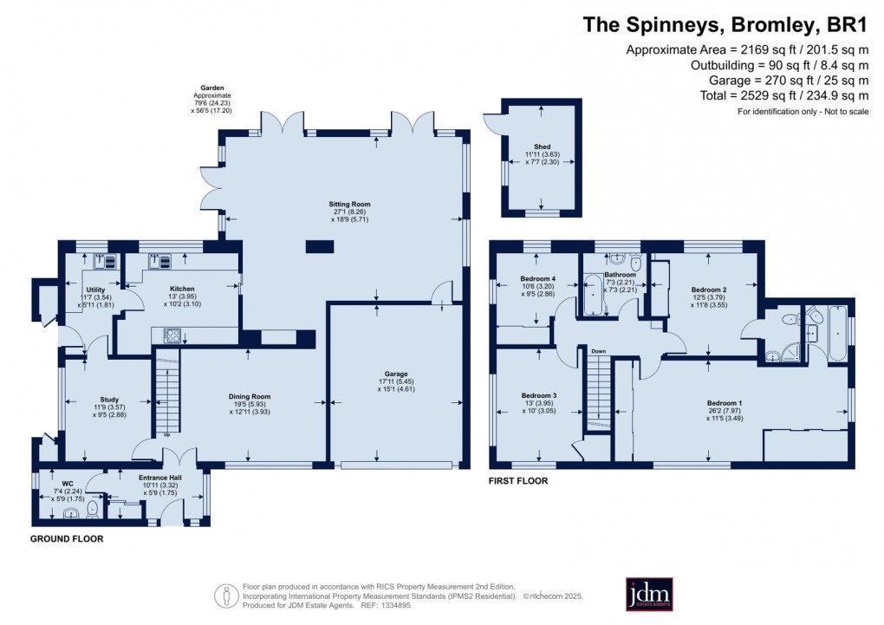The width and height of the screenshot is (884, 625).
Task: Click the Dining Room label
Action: point(250,396)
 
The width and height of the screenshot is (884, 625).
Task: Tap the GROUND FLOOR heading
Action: point(67,538)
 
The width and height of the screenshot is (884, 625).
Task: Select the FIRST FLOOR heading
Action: point(518,479)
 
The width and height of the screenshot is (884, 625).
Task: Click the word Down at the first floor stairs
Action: point(598,351)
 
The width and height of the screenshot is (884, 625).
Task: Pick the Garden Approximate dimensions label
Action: point(215,99)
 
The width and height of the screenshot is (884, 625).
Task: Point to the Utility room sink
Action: point(99,260)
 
